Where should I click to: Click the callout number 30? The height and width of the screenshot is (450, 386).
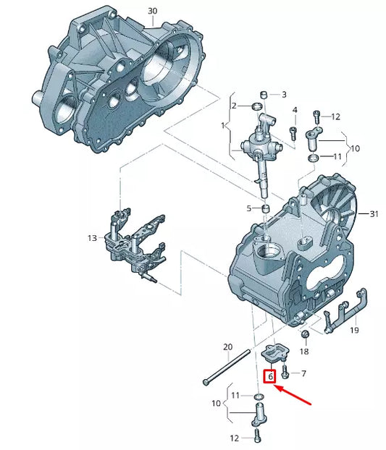click(153, 11)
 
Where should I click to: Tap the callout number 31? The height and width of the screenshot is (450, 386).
click(374, 214)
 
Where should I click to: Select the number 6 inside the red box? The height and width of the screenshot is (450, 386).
click(270, 376)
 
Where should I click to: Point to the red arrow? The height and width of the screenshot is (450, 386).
click(293, 396)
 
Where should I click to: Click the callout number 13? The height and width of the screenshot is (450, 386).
click(93, 238)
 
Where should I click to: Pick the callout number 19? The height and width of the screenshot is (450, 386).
click(354, 330)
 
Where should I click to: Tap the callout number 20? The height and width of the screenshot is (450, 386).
click(227, 347)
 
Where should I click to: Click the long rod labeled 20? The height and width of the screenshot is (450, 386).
click(227, 367)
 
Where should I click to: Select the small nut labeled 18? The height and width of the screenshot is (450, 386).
click(305, 334)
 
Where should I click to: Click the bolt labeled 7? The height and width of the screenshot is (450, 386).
click(285, 371)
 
